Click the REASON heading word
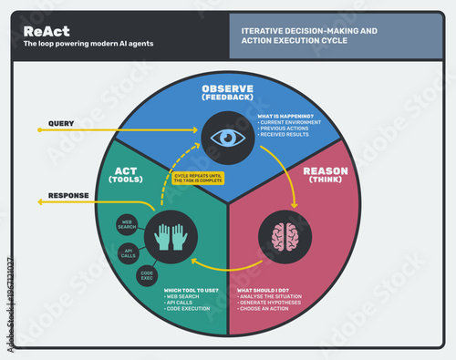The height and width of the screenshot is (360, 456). (325, 170)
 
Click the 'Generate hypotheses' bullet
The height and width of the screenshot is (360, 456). (272, 303)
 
